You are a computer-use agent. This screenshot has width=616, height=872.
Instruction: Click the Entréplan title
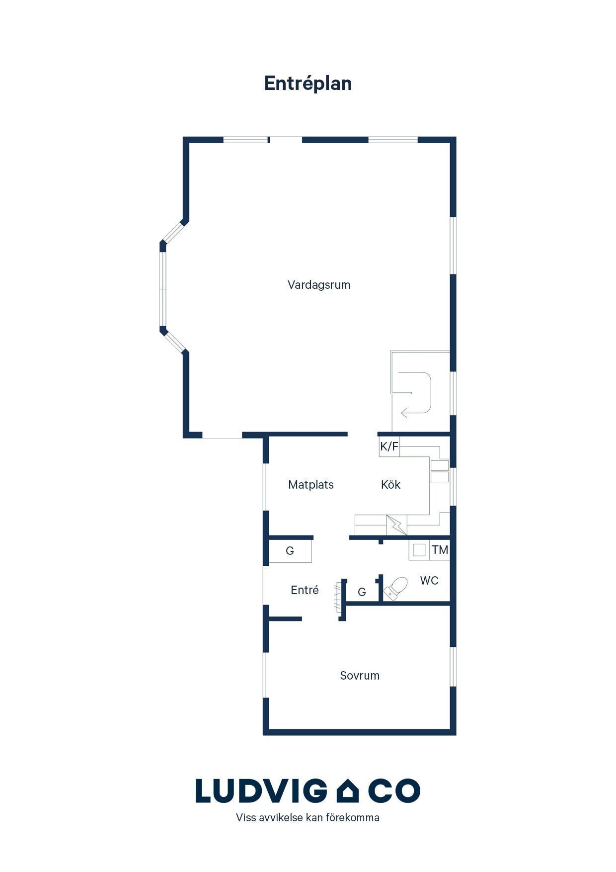pos(308,84)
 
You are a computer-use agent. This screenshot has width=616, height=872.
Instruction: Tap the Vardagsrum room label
pos(319,285)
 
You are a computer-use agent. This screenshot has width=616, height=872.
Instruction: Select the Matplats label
pos(311,485)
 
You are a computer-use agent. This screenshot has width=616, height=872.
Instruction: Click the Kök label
pos(390,485)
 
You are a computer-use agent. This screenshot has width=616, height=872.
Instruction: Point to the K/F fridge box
pos(389,446)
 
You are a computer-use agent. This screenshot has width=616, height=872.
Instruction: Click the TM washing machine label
pos(440,550)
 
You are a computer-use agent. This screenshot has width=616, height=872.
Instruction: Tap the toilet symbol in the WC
pos(395,589)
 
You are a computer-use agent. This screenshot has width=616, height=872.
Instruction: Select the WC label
pos(429,581)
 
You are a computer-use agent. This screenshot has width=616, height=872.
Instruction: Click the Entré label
pos(305,590)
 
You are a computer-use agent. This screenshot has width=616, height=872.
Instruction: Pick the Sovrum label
pos(360,676)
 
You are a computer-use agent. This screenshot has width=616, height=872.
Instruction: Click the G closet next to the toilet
pos(362,592)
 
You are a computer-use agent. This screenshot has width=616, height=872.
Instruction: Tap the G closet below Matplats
pos(290,551)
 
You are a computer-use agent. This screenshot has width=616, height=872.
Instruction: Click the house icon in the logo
pos(348,791)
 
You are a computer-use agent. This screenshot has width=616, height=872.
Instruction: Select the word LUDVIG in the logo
pos(261,791)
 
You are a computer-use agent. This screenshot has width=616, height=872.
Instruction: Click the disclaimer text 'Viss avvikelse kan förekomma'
pos(308,818)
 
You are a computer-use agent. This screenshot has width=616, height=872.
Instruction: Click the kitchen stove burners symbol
pos(440,471)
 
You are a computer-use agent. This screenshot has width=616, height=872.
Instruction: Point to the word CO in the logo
pos(394,791)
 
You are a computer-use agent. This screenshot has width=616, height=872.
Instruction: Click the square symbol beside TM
pos(419,550)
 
